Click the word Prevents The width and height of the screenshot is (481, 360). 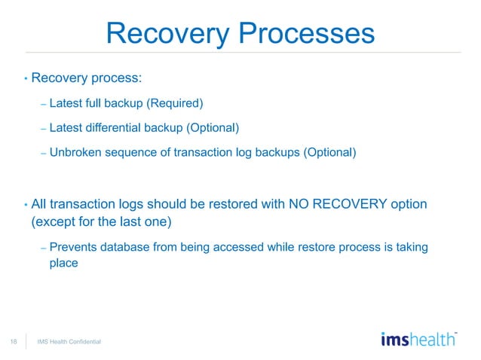tap(75, 248)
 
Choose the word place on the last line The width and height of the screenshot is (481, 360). tap(64, 264)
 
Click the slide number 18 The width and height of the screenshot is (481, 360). tap(14, 342)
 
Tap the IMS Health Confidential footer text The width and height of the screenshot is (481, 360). tap(69, 343)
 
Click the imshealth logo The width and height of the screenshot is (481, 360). tap(418, 339)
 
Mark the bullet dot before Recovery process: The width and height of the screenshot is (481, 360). tap(26, 78)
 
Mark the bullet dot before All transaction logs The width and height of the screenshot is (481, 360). tap(26, 205)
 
